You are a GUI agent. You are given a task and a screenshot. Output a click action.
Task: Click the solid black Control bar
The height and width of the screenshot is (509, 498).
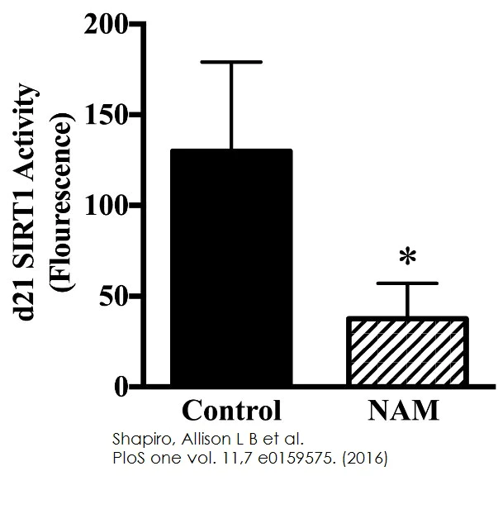pos(231,268)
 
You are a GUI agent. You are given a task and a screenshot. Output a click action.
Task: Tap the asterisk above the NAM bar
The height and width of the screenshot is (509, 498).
pos(407,258)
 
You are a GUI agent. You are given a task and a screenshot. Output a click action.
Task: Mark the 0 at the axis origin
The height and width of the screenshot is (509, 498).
pos(121,386)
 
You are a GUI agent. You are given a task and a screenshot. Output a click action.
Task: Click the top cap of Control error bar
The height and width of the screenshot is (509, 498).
pos(231,62)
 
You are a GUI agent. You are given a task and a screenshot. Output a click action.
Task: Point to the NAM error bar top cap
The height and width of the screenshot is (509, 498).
pos(409,283)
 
